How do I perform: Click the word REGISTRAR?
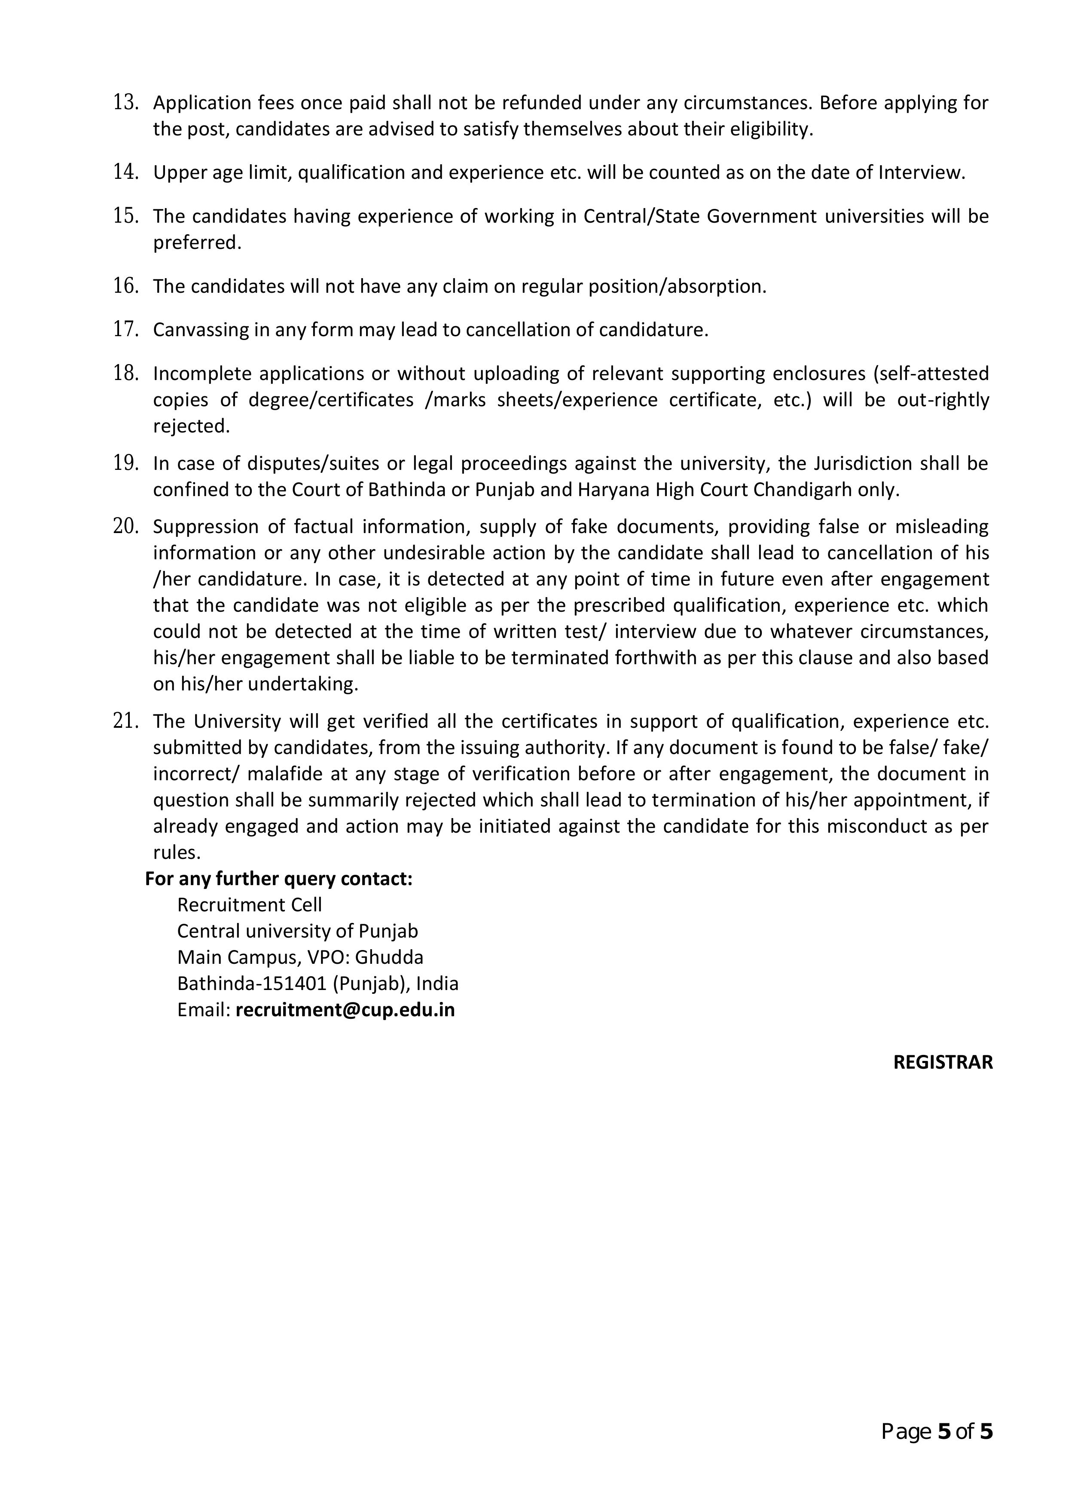click(943, 1063)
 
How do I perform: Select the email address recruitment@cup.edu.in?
click(345, 1009)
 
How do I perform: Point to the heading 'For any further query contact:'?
click(278, 879)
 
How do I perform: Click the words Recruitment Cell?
click(250, 905)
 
